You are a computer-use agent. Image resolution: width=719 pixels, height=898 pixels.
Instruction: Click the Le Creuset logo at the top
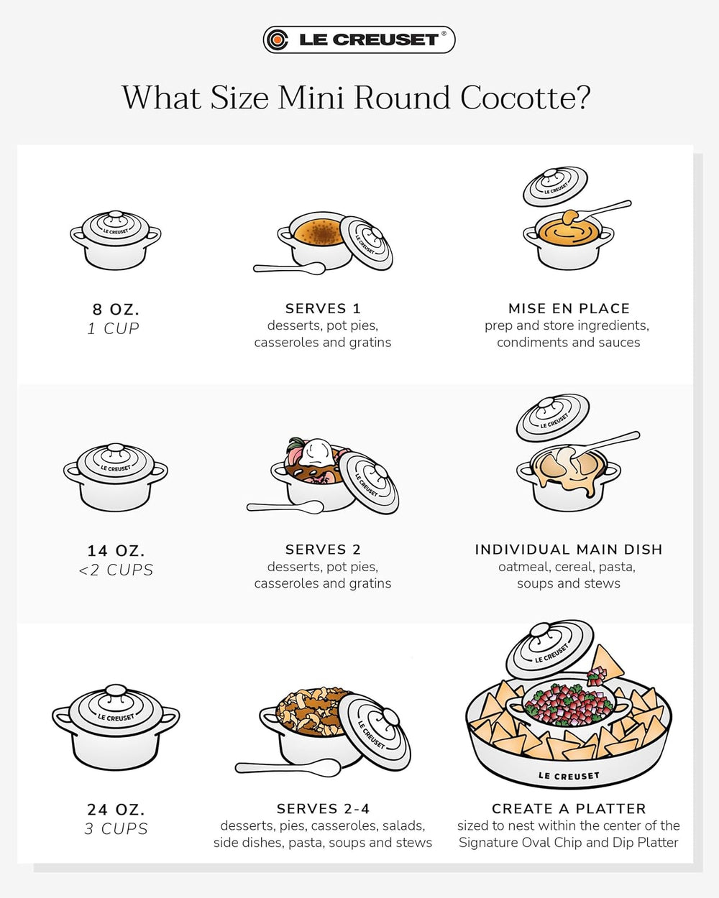pos(359,40)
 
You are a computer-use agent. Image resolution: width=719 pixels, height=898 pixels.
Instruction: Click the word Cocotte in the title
pos(525,98)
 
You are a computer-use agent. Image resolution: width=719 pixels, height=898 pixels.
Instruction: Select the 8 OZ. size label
pos(116,310)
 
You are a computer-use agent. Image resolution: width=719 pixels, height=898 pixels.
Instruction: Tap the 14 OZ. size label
pos(116,551)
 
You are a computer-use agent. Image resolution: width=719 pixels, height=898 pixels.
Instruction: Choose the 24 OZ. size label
pos(116,810)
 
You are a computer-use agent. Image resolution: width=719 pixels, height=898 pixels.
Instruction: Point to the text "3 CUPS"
pos(116,829)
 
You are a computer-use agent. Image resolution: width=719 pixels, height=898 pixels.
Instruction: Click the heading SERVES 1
pos(323,308)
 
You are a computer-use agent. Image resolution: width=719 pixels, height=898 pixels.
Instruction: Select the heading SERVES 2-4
pos(323,808)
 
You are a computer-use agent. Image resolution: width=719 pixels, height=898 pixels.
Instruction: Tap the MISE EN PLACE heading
pos(569,308)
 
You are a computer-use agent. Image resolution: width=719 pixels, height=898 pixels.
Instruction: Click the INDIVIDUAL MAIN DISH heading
pos(569,550)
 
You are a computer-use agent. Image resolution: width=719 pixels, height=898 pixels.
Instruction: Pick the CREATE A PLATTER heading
pos(569,808)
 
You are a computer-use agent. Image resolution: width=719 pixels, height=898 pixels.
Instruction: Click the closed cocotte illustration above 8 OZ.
pos(115,240)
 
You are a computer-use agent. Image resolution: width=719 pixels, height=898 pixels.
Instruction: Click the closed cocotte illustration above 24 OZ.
pos(116,726)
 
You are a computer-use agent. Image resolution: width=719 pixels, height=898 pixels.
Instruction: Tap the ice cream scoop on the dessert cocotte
pos(318,453)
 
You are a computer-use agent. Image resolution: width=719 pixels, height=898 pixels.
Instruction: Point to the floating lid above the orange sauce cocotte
pos(555,186)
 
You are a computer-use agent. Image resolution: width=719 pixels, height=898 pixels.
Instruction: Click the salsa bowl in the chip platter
pos(568,704)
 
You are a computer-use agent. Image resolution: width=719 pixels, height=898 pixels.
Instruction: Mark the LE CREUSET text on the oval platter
pos(568,776)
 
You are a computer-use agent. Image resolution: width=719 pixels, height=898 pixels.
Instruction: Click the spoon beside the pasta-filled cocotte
pos(288,768)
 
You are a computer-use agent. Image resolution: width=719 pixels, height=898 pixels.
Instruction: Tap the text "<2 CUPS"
pos(116,570)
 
